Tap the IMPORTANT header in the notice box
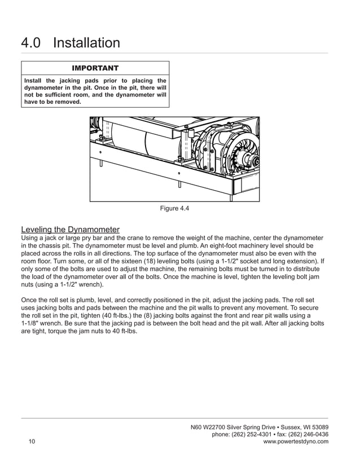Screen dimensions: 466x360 [x=95, y=68]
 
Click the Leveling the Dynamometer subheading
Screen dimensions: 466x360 [x=70, y=230]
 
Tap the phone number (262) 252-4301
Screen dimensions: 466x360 [x=250, y=434]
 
